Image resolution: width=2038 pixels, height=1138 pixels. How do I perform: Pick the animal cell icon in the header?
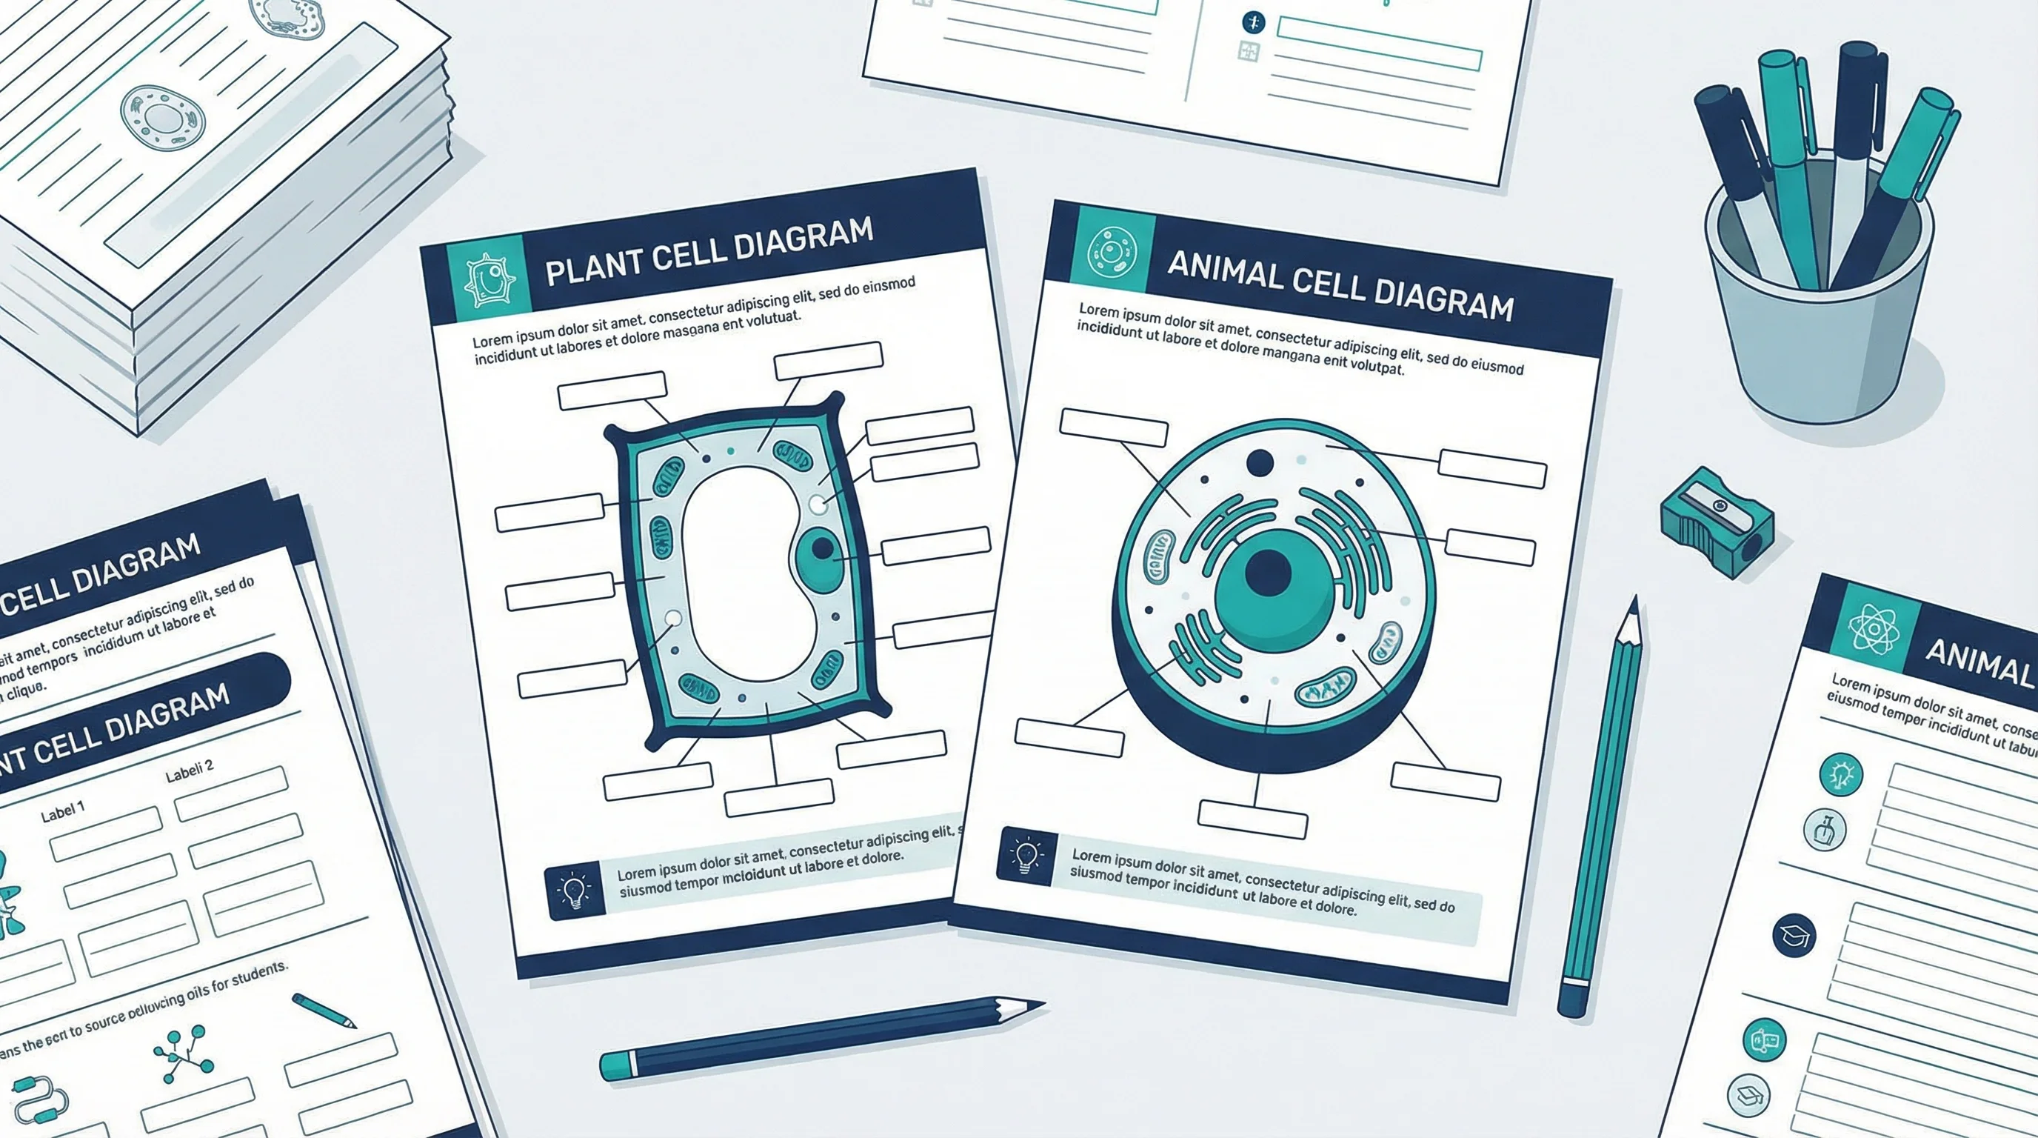coord(1112,252)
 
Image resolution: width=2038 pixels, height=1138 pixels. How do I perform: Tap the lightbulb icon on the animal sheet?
coord(1026,856)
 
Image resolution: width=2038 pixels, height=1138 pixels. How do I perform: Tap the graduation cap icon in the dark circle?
coord(1794,936)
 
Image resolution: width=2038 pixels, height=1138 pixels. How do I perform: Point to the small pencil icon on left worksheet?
coord(324,1011)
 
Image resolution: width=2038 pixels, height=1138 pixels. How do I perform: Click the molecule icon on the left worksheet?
coord(184,1053)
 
